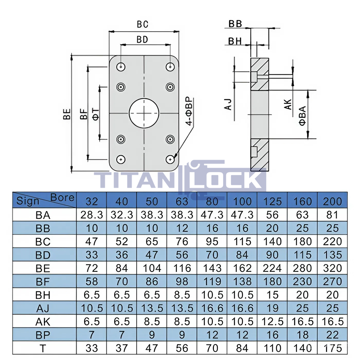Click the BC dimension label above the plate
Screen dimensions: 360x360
(x=142, y=24)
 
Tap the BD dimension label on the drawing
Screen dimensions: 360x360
(x=142, y=40)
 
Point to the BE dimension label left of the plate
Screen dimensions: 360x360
(x=67, y=114)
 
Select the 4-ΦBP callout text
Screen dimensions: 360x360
(x=189, y=111)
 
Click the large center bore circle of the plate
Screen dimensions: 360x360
(x=144, y=98)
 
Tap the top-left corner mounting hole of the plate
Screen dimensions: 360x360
(x=121, y=67)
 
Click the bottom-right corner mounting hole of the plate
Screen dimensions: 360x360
(x=170, y=159)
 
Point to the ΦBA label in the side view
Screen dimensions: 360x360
(x=302, y=116)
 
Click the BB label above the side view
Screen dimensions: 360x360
(x=235, y=24)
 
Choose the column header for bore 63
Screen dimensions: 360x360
(x=182, y=202)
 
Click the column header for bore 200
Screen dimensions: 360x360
(x=332, y=202)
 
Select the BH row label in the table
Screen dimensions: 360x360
(x=43, y=295)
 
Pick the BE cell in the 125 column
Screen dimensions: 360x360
(x=272, y=268)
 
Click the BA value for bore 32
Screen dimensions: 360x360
(x=92, y=215)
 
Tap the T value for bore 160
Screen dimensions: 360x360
(x=302, y=348)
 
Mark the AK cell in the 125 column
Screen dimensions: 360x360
(x=272, y=322)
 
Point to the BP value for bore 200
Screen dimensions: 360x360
(x=332, y=335)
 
